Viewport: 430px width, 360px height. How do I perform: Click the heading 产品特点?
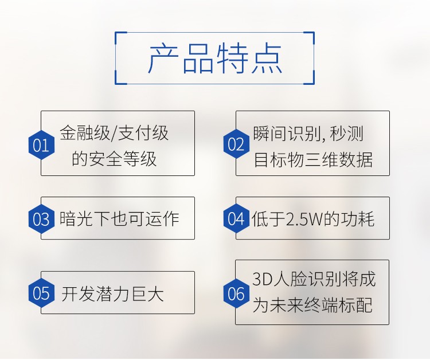(x=215, y=58)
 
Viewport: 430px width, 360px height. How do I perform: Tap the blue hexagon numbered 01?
(x=41, y=145)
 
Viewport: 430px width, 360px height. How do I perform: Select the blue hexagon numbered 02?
(x=236, y=144)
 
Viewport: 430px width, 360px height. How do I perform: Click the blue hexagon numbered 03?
(x=41, y=219)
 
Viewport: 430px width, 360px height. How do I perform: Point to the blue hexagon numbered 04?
(x=236, y=218)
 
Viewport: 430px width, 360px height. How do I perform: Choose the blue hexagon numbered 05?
(x=41, y=293)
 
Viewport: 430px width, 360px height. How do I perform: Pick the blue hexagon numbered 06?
(x=236, y=294)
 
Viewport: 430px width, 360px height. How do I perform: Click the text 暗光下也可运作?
(x=119, y=219)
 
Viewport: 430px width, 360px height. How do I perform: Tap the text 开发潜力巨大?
(x=112, y=294)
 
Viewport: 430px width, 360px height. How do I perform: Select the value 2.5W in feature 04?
(x=304, y=219)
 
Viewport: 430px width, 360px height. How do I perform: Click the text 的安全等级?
(x=114, y=158)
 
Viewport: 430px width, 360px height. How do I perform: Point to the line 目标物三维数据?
(x=313, y=159)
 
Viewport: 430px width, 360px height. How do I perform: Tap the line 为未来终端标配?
(x=312, y=304)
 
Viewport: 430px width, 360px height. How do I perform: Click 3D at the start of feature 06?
(x=262, y=279)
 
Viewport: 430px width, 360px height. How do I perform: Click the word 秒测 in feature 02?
(x=346, y=134)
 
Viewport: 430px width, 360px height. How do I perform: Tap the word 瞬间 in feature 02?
(x=270, y=134)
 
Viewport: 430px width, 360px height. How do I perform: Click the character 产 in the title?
(x=164, y=58)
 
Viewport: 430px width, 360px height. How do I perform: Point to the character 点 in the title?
(x=267, y=58)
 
